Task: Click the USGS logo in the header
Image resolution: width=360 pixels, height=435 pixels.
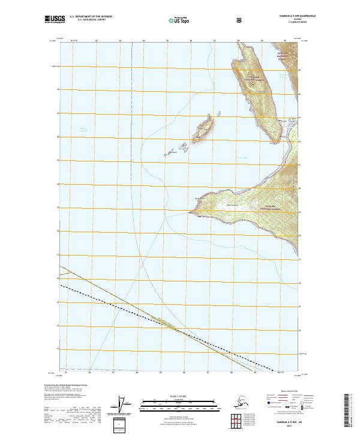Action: coord(53,20)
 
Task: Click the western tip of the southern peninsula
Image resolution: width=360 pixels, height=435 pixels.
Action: coord(190,212)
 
